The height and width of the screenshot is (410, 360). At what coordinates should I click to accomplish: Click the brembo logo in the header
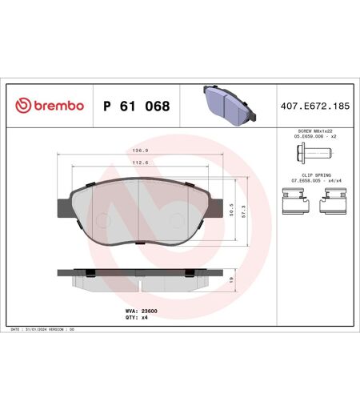tap(50, 106)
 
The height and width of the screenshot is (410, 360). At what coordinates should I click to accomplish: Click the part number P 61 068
tap(137, 106)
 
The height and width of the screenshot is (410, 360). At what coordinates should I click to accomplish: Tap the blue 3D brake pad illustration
tap(230, 105)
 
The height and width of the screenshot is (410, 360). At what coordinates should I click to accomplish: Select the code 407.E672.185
tap(315, 106)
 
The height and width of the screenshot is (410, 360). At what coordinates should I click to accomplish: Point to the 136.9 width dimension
tap(140, 151)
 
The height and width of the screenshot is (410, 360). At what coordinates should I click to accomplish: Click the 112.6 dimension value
tap(140, 163)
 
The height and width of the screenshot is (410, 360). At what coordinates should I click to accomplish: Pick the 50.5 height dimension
tap(231, 210)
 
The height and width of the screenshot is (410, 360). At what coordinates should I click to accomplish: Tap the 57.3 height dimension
tap(243, 211)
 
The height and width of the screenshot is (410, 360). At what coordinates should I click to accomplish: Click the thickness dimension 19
tap(231, 279)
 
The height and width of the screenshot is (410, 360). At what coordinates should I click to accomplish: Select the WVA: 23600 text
tap(142, 311)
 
